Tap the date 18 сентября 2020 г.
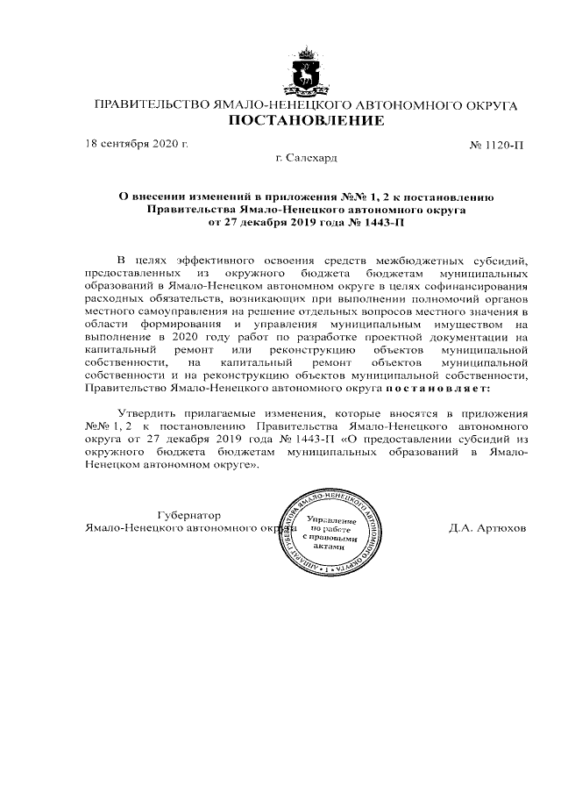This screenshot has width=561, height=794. (x=137, y=143)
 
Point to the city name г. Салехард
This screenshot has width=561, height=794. (x=307, y=158)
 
